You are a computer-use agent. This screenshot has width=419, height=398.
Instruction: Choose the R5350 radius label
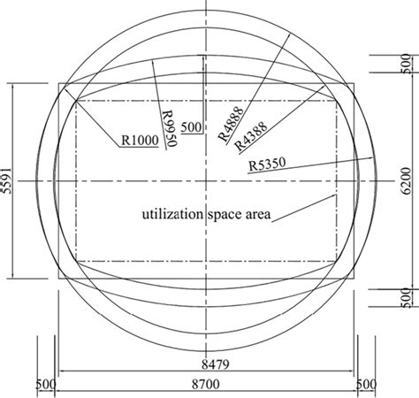tap(265, 165)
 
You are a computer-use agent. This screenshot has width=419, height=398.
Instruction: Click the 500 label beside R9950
tap(191, 126)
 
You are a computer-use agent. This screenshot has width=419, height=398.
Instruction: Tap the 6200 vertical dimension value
tap(408, 181)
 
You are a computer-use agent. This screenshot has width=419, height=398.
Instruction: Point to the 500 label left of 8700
tap(46, 386)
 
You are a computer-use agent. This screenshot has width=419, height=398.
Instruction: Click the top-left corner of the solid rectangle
tap(59, 84)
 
